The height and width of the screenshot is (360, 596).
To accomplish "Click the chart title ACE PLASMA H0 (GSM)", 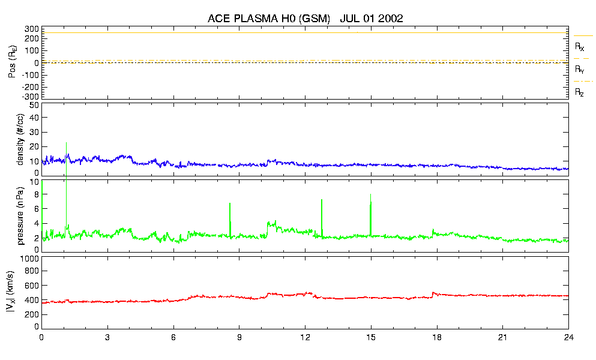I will tap(269, 19).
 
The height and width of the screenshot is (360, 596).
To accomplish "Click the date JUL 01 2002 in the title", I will tap(371, 19).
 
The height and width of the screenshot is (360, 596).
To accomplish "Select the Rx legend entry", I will tap(579, 46).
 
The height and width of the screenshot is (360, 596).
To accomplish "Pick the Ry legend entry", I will tap(579, 69).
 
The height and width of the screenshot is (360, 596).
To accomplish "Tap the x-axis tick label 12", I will tap(305, 337).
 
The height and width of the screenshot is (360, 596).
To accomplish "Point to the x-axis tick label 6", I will tap(173, 337).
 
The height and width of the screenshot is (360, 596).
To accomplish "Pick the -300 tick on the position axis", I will tap(30, 96).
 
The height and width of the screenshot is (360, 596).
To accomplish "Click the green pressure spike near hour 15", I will tap(371, 213).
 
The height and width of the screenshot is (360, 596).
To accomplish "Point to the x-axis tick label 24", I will tap(568, 337).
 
